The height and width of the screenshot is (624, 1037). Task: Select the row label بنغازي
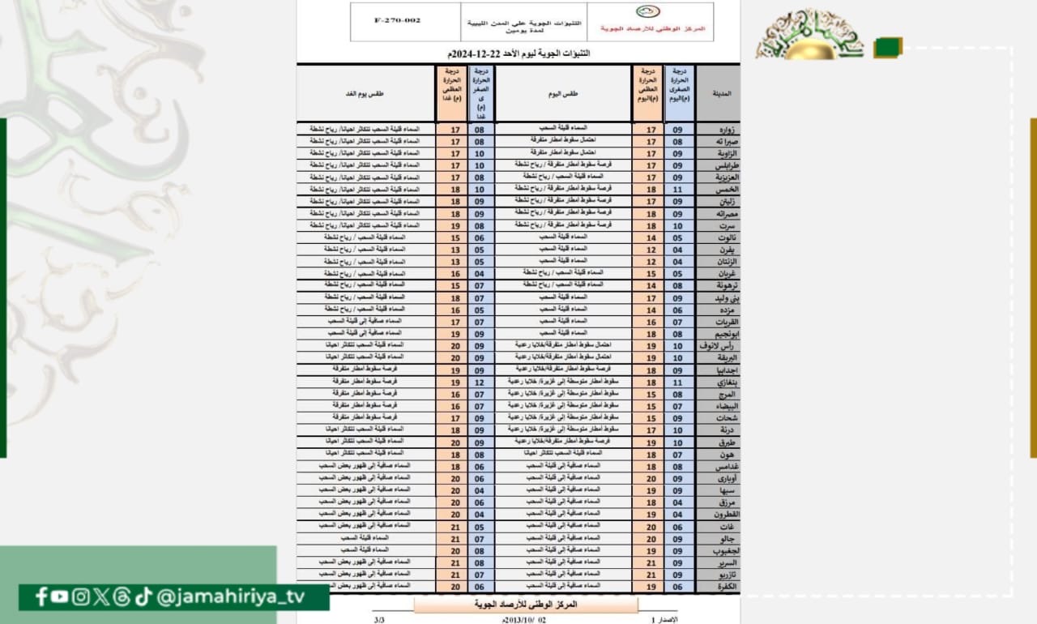pos(718,382)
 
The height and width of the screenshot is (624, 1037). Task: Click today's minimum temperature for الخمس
pos(678,188)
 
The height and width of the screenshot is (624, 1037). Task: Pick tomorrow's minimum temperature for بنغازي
pos(479,382)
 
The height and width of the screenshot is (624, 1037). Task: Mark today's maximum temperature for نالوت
pos(650,237)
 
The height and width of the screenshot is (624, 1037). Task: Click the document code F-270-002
pos(398,20)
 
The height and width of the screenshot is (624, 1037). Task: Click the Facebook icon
pos(41,597)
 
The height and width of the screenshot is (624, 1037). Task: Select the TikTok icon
pos(143,597)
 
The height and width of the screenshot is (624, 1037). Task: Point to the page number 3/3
pos(380,619)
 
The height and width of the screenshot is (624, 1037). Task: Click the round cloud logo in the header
pos(647,12)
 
